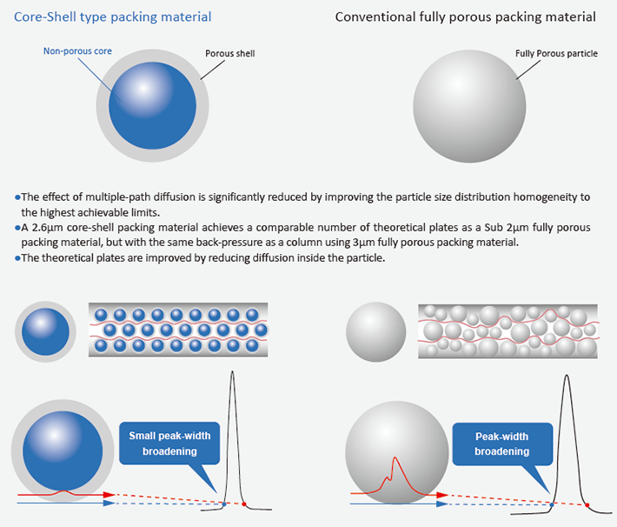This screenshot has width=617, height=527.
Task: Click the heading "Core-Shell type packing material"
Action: [x=113, y=17]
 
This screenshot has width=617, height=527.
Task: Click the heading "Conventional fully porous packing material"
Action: [x=465, y=17]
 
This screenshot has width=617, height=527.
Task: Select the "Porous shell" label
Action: [x=229, y=54]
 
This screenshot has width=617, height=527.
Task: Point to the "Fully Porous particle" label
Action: [x=556, y=54]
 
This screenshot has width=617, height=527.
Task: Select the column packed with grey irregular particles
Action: [x=508, y=331]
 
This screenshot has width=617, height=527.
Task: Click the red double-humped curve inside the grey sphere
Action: [x=396, y=474]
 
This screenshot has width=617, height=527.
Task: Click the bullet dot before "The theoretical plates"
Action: [x=17, y=258]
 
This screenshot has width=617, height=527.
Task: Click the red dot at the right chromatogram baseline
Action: [x=587, y=504]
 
